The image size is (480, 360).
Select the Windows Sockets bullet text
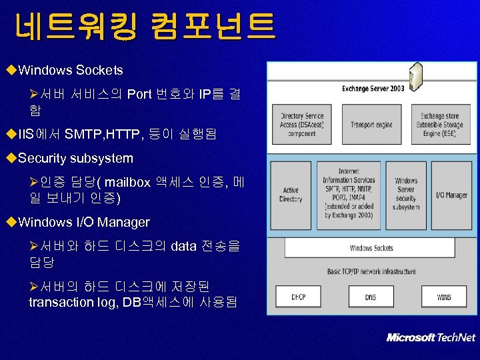[71, 70]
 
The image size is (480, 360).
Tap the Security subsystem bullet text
[75, 159]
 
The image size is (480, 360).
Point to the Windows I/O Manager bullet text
[84, 222]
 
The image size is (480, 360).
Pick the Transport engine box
[371, 125]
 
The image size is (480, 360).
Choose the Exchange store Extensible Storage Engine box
[440, 125]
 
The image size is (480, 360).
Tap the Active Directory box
[291, 195]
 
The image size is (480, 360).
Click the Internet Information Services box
[349, 195]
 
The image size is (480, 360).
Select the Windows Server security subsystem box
[406, 195]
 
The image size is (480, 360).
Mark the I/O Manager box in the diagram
[451, 195]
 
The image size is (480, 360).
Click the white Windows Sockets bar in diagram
[371, 248]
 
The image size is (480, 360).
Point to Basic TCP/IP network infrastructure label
[371, 271]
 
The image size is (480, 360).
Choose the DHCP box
[298, 297]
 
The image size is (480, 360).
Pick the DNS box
[371, 297]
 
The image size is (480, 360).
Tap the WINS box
[443, 297]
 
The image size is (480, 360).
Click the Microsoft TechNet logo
[431, 337]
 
